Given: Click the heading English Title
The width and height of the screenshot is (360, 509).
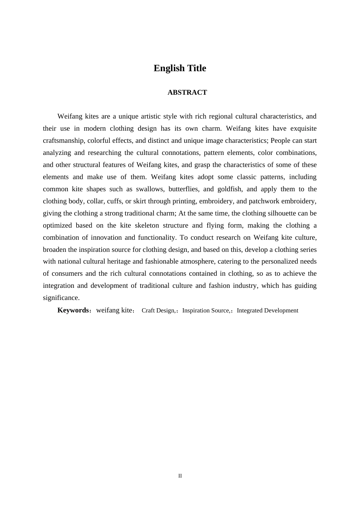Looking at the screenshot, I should [180, 68].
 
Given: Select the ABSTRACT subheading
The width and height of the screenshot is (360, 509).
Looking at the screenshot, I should [187, 92].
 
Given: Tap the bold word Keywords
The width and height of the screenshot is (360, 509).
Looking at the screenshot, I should [73, 310].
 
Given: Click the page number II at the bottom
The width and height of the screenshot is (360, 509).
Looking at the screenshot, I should [180, 476].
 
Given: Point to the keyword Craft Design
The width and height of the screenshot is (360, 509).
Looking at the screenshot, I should [158, 311].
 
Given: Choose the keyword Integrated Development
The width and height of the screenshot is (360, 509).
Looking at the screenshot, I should [268, 311].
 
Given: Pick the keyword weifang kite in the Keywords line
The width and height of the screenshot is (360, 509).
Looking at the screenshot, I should [114, 310].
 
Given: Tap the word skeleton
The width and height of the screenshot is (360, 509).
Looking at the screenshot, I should [147, 225].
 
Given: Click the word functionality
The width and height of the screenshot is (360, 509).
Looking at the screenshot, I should [155, 237].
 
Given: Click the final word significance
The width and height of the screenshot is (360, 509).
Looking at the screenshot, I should [61, 298].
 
